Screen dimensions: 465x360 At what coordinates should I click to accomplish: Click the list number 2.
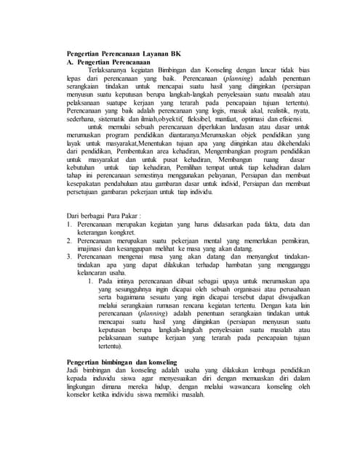click(x=60, y=260)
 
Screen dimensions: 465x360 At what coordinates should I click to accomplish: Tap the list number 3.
click(x=60, y=279)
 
